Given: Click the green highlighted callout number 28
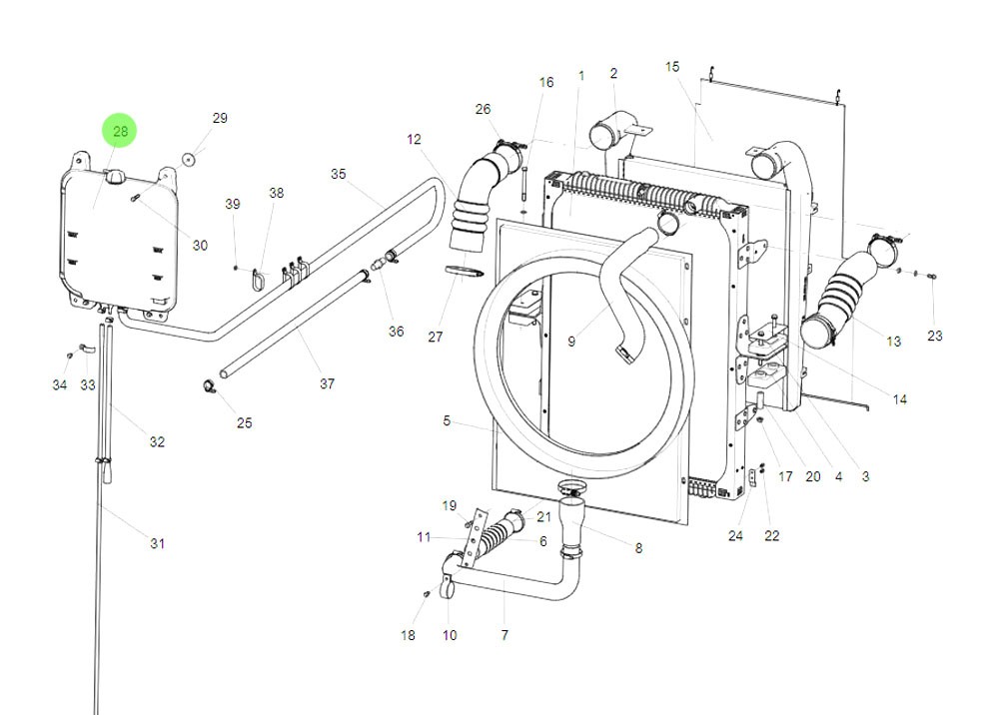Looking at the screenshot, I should tap(120, 131).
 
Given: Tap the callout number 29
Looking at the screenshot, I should tap(220, 118).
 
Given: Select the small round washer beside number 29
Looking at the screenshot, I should tap(188, 158).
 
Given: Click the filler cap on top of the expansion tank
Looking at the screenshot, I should tap(115, 177).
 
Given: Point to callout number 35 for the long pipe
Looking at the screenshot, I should tap(338, 174).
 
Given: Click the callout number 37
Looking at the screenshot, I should tap(327, 383).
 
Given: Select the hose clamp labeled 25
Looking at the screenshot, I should tap(210, 385).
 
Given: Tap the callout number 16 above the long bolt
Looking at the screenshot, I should tap(545, 82).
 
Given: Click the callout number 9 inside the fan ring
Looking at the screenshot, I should tap(571, 342).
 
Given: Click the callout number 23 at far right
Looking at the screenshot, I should tap(934, 337).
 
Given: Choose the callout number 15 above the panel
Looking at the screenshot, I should tap(672, 66).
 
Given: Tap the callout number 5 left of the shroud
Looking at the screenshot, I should tap(447, 421).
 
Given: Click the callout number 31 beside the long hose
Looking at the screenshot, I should tap(157, 543).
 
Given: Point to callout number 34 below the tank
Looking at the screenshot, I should tap(60, 385).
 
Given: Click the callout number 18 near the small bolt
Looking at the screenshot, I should tap(408, 635).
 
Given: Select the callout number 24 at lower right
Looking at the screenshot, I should tap(735, 535).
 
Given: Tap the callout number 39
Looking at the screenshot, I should tap(233, 204).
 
